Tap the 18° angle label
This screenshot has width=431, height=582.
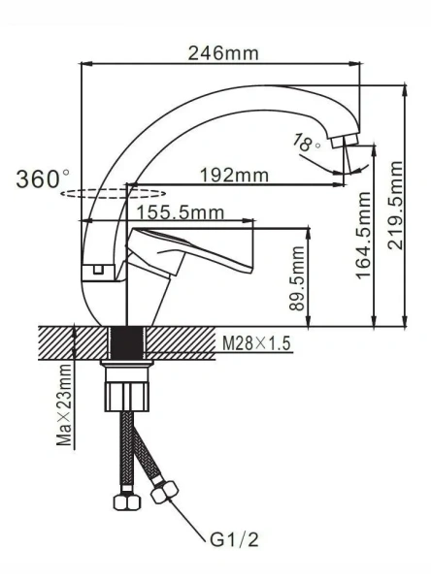pyautogui.click(x=306, y=143)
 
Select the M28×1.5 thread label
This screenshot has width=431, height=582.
pyautogui.click(x=256, y=343)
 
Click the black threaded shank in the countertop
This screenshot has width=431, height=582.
pyautogui.click(x=127, y=342)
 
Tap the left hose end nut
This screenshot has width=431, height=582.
pyautogui.click(x=124, y=501)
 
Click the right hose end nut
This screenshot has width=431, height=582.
pyautogui.click(x=161, y=493)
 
